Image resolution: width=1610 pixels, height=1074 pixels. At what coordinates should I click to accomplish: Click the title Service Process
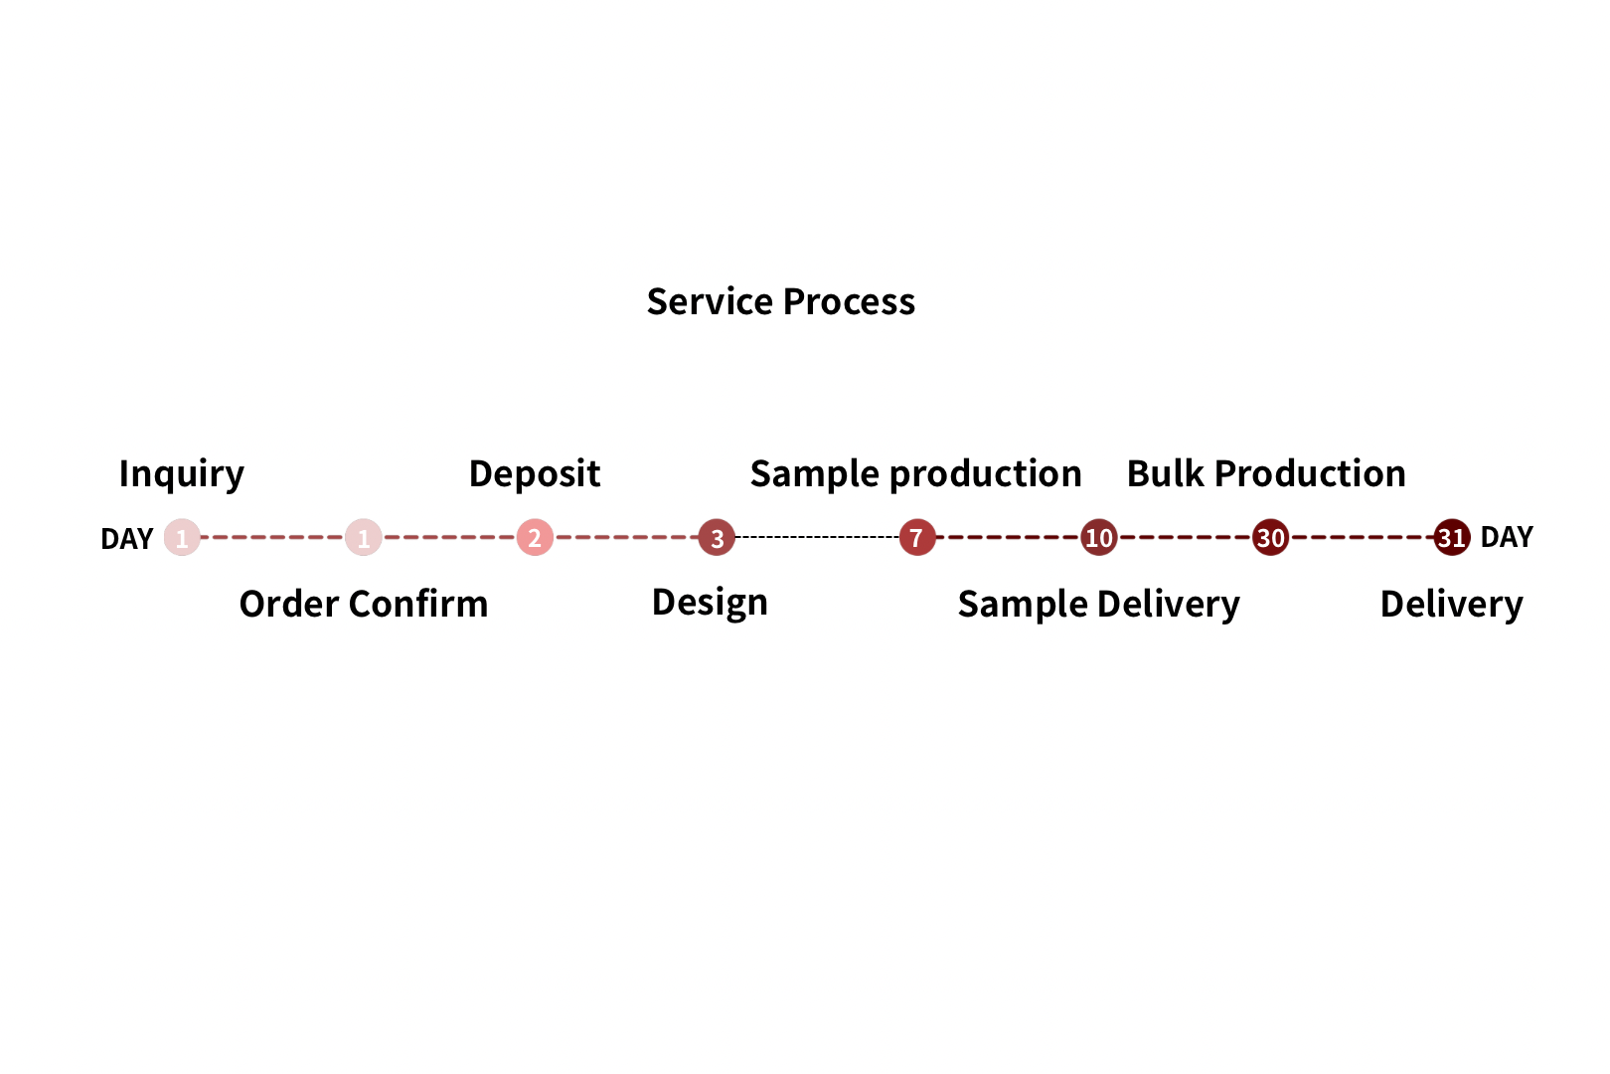coord(780,301)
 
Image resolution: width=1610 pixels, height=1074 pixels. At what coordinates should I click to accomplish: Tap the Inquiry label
coord(181,474)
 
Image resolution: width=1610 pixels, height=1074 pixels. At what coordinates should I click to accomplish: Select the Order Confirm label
coord(364,604)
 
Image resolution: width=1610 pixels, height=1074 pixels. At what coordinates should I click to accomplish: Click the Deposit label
coord(534,474)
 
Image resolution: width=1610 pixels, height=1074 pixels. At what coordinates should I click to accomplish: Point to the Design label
coord(710,603)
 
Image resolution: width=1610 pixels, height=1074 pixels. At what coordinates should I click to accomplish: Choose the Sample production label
coord(915,474)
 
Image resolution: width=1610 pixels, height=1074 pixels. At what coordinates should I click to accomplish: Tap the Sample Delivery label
coord(1098,605)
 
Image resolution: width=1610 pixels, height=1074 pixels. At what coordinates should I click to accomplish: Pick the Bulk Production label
coord(1266,473)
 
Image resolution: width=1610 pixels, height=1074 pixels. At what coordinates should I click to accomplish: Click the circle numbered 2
coord(535,537)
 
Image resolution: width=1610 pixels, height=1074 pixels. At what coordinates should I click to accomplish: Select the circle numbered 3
coord(717,537)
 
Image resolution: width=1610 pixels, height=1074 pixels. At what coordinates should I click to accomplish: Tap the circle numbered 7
coord(917,537)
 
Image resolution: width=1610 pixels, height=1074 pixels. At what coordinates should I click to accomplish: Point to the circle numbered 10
coord(1099,537)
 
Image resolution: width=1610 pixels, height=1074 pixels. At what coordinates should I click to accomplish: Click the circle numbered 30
coord(1271,537)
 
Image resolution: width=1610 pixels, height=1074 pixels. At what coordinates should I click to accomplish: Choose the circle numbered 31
coord(1452,537)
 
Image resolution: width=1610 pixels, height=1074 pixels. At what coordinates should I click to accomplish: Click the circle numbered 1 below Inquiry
coord(182,537)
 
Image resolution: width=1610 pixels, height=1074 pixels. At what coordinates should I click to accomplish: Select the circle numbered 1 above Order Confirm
coord(364,537)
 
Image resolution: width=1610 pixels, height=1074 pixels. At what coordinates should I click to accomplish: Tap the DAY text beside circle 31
coord(1507,537)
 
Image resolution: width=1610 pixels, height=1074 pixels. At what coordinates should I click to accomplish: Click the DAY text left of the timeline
coord(127,539)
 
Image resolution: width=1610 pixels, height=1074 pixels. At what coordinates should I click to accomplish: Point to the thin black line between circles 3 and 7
coord(817,537)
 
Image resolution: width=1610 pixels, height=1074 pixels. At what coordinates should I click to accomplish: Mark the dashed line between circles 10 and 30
coord(1186,537)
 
